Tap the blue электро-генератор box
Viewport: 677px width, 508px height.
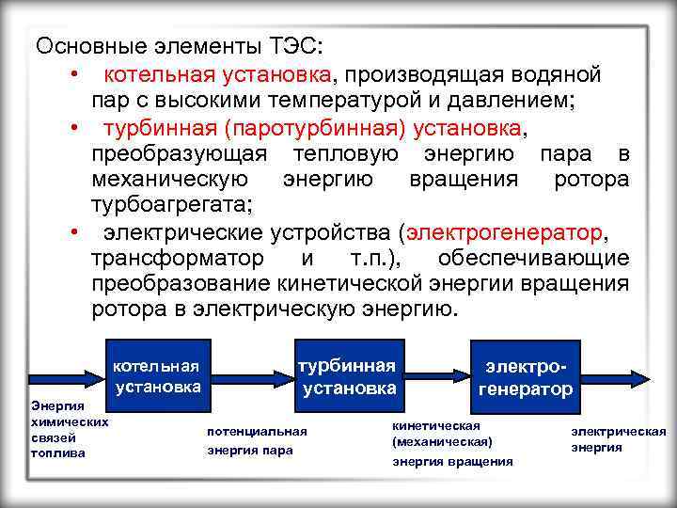(x=526, y=377)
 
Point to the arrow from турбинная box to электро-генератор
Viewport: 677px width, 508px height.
(x=438, y=376)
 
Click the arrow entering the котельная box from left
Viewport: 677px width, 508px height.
(x=66, y=375)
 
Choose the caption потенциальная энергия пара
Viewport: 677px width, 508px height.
(x=257, y=440)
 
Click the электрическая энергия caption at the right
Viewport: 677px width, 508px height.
(x=618, y=439)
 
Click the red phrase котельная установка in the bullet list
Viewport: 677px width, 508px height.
(x=217, y=72)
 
